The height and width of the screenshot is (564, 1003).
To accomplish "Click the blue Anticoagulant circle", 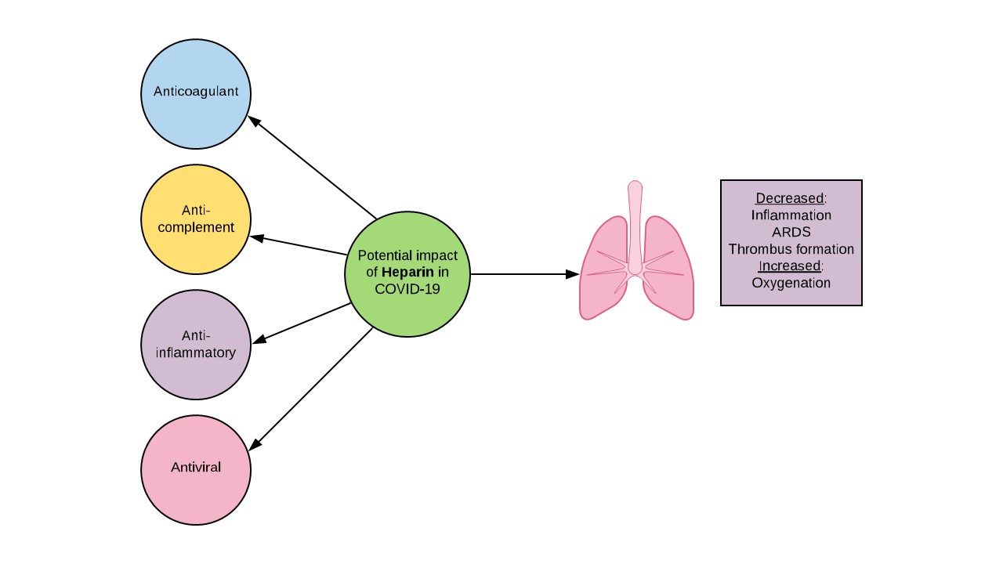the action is pyautogui.click(x=196, y=94).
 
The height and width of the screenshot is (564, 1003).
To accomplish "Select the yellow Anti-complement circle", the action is pyautogui.click(x=196, y=219).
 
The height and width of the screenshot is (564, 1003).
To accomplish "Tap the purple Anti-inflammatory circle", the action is pyautogui.click(x=196, y=345).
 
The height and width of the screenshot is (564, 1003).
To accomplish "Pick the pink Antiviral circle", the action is pyautogui.click(x=196, y=470).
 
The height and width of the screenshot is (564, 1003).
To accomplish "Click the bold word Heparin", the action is pyautogui.click(x=407, y=272).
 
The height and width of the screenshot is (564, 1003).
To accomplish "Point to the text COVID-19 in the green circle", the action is pyautogui.click(x=407, y=289).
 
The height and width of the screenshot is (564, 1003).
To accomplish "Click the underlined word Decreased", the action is pyautogui.click(x=789, y=198).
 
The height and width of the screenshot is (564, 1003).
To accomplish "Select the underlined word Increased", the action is pyautogui.click(x=789, y=266).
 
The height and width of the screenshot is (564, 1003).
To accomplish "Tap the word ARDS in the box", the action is pyautogui.click(x=791, y=232).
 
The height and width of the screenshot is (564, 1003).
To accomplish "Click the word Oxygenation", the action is pyautogui.click(x=791, y=283).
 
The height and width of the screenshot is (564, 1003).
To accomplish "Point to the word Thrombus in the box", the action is pyautogui.click(x=756, y=249).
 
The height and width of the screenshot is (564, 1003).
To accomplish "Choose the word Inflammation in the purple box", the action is pyautogui.click(x=791, y=215).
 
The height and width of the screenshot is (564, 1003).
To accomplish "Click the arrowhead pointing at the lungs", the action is pyautogui.click(x=573, y=274).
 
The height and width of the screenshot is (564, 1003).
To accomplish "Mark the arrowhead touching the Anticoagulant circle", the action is pyautogui.click(x=254, y=121).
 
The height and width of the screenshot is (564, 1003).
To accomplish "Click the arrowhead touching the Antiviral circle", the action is pyautogui.click(x=255, y=444).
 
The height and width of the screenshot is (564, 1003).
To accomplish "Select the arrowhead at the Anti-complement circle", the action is pyautogui.click(x=256, y=237).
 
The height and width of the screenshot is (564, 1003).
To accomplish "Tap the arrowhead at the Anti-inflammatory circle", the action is pyautogui.click(x=259, y=339).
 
